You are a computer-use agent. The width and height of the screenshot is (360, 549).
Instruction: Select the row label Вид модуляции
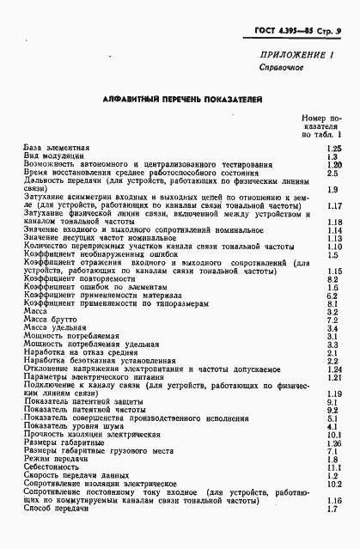pyautogui.click(x=52, y=156)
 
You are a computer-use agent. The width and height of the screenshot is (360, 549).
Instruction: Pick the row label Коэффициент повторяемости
pyautogui.click(x=72, y=279)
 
